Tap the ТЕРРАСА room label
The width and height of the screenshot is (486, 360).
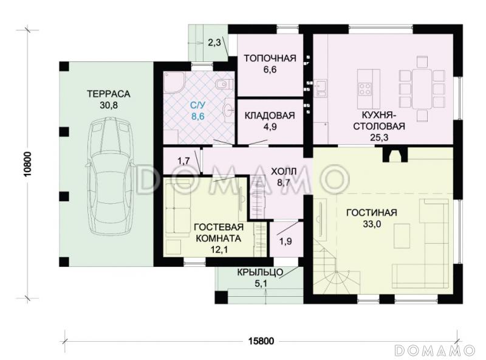tap(109, 94)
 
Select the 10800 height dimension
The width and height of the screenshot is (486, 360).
tap(27, 164)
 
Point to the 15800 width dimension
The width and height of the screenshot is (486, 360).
tap(261, 341)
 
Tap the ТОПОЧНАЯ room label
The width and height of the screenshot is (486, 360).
tap(270, 58)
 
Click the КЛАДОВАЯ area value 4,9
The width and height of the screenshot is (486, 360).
tap(269, 127)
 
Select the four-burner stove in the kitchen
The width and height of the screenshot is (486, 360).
tap(365, 88)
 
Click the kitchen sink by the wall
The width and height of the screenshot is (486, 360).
tap(321, 88)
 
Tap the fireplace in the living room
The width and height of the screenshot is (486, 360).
tap(396, 154)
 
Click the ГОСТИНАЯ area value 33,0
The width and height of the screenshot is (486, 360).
tap(372, 224)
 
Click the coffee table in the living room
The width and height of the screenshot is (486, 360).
tap(402, 236)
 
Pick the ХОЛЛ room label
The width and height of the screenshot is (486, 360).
tap(284, 171)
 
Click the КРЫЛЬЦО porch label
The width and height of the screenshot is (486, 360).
tap(260, 272)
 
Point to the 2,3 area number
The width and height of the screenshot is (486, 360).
tap(214, 42)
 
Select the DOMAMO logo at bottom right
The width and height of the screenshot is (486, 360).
tap(435, 350)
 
